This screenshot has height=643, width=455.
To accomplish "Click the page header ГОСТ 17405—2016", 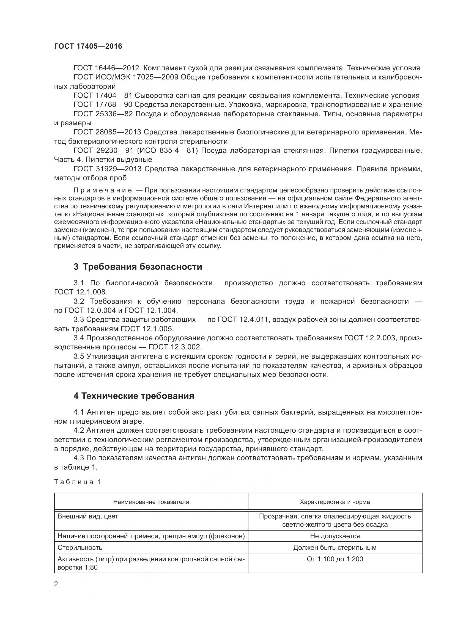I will coord(88,46).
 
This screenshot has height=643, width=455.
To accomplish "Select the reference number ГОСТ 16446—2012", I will coord(106,68).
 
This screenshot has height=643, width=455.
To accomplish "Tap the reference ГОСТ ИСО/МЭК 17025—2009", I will coord(126,77).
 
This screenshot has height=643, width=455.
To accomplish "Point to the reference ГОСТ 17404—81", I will coord(103,95).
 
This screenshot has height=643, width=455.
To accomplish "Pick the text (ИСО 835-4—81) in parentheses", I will coord(168,151).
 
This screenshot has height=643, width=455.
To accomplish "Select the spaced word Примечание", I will coord(103,191).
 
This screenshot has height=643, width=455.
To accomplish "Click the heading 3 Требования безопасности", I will coord(138,267).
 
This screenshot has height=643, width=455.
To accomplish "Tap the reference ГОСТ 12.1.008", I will coord(80,292).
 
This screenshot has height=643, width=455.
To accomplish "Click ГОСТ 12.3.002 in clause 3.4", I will coord(175,347).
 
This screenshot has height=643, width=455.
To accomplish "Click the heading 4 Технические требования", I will coord(134,396).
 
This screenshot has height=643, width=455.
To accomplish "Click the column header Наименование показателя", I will coord(151,502).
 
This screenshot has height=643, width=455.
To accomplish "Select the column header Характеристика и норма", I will coord(335,502).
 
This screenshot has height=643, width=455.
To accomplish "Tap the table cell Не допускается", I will coord(335,536).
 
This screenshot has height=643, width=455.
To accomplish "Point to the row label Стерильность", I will coord(80,548).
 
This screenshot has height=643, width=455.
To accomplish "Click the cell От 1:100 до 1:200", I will coord(335,559).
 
